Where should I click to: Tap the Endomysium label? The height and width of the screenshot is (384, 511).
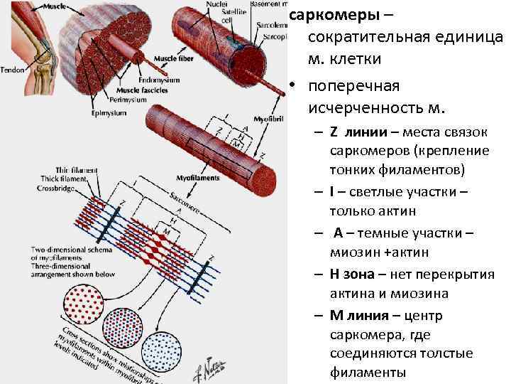tap(161, 80)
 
